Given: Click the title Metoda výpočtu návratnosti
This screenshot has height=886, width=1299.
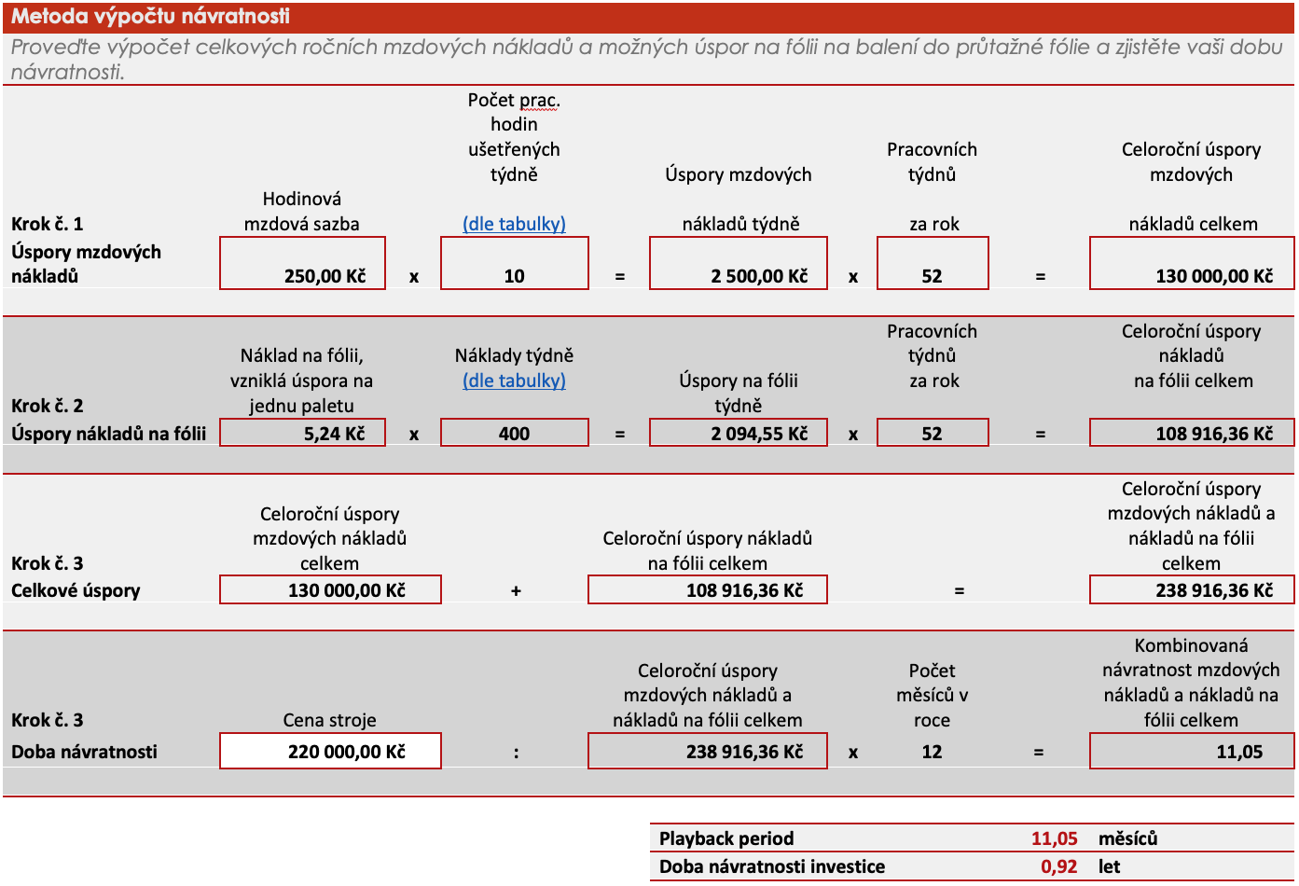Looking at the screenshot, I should (150, 16).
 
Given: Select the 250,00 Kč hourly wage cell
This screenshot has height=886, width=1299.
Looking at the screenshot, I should (302, 264).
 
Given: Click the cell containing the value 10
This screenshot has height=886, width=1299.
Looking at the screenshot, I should (514, 264).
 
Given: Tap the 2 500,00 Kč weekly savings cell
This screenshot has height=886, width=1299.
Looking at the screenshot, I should (738, 264).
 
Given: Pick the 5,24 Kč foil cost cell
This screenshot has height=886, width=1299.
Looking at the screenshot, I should (302, 433).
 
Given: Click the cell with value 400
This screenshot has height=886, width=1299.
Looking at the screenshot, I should (514, 433).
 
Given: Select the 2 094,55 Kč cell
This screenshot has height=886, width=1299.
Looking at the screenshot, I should (738, 433).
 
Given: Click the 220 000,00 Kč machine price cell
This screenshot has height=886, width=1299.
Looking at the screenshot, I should (330, 751).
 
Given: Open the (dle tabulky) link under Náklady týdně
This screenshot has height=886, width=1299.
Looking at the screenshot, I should (514, 381).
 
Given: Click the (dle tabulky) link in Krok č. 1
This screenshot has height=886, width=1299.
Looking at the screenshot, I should (514, 224).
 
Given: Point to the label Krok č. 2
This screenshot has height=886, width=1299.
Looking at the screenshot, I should (48, 406).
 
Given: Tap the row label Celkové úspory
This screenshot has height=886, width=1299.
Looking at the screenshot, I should (76, 590).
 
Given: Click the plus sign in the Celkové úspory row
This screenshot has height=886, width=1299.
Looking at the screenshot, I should (516, 591).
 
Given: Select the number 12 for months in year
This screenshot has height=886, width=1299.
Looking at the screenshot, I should (932, 752).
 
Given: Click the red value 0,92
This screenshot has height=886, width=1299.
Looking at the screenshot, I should (1058, 866).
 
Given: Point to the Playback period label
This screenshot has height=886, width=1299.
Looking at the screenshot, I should (726, 838).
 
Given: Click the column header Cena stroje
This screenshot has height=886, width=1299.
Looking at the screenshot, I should (329, 720).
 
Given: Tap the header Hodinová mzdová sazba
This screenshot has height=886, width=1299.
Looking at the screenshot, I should (301, 211).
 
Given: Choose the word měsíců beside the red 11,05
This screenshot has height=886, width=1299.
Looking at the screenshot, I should (1127, 838).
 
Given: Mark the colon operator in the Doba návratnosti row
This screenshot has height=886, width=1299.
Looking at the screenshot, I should (516, 753).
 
